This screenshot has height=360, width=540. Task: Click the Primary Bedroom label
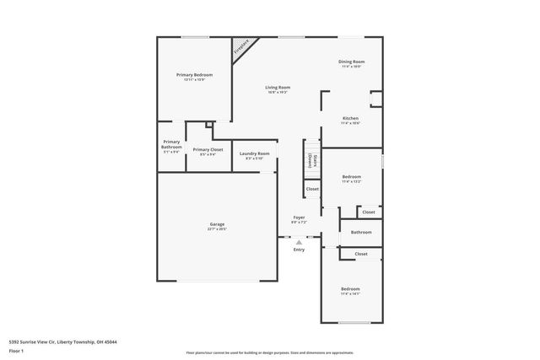[194, 75]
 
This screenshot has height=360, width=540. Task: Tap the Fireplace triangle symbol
[242, 46]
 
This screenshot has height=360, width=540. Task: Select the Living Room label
[278, 87]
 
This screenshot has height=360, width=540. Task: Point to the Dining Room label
[352, 62]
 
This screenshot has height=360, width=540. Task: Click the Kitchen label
[350, 118]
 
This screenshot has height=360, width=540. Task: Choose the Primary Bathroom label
[171, 144]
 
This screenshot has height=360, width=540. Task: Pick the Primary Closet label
[208, 149]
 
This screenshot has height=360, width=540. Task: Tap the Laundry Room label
[254, 153]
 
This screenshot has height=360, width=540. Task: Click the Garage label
[217, 224]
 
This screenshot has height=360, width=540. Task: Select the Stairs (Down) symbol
[311, 160]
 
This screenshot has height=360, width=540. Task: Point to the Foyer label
[299, 218]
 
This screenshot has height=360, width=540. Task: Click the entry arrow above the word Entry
[299, 242]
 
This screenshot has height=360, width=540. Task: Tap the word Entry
[299, 250]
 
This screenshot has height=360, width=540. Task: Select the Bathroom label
[361, 232]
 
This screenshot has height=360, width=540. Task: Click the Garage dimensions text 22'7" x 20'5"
[217, 229]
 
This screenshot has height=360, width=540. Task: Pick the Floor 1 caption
[16, 352]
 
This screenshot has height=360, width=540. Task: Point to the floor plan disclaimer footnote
[270, 353]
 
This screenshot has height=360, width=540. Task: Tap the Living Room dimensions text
[278, 92]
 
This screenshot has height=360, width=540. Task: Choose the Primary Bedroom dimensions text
[194, 80]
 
